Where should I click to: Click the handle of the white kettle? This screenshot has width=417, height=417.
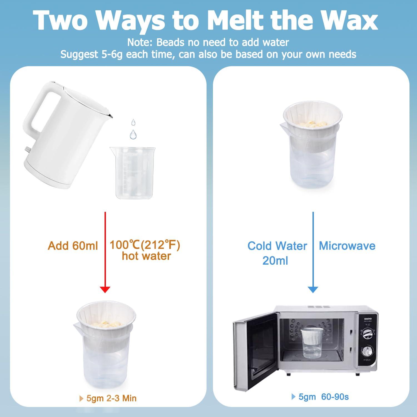click(x=39, y=111)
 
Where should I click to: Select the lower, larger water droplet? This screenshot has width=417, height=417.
click(x=133, y=135)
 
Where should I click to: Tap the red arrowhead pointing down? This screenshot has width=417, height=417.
click(x=105, y=289)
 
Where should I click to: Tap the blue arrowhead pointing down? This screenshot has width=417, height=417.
click(x=313, y=289)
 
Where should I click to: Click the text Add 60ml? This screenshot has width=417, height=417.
click(x=73, y=246)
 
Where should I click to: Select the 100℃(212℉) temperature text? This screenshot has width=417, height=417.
click(x=145, y=245)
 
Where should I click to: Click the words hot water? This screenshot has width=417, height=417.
click(x=146, y=256)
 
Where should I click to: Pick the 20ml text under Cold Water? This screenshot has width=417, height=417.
click(x=275, y=261)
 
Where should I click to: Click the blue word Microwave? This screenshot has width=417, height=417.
click(x=347, y=246)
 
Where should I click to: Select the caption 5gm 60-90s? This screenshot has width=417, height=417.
click(x=320, y=397)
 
